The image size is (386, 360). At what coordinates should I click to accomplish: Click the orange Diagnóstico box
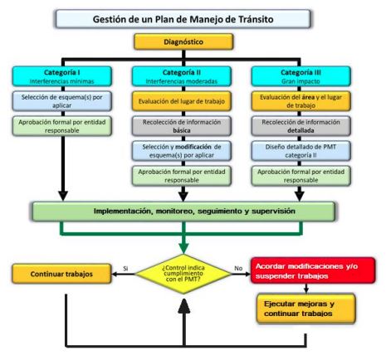coord(183,41)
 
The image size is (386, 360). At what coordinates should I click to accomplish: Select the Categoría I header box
coord(62,76)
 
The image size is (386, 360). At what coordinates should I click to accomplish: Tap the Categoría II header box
coord(182,76)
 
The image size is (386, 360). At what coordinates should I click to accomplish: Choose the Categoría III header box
coord(300,76)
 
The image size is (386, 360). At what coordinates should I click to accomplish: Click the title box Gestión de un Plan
coord(183,19)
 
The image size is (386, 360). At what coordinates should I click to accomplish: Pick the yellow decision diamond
coord(183,274)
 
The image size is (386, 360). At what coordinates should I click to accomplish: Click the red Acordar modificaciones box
coord(313,270)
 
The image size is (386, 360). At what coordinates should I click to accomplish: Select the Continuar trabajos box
coord(61,274)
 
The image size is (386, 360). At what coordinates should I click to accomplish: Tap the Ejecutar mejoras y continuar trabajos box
coord(305,309)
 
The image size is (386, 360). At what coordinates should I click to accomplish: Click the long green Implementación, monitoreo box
coord(183,212)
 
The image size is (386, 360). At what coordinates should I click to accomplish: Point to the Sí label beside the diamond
coord(125,269)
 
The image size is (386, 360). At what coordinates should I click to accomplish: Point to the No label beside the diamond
coord(238,268)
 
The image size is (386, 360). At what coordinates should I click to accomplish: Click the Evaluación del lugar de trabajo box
coord(182,101)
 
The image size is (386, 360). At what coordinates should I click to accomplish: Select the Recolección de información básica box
coord(182,126)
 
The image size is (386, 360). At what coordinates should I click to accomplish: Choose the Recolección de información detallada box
coord(300,126)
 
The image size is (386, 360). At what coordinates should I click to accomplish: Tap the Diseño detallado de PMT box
coord(300,151)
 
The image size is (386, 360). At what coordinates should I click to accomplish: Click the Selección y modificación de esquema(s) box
coord(182,151)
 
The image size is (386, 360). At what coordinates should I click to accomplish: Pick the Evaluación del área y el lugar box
coord(300,101)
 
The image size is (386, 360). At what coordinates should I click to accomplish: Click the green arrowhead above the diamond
coord(183,248)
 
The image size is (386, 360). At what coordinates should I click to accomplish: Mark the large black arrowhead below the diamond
coord(184,306)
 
